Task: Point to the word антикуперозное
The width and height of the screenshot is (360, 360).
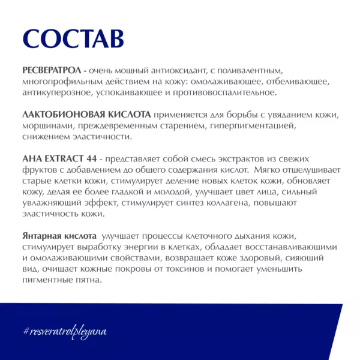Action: click(56, 92)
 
